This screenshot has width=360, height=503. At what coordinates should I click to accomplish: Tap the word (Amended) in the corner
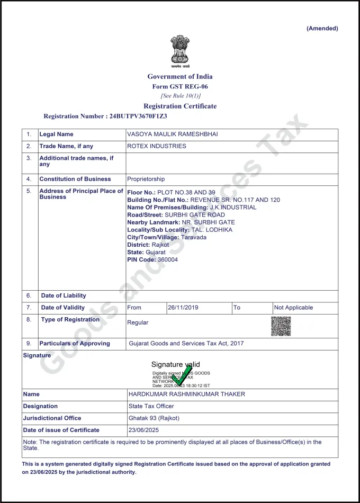[x=322, y=29]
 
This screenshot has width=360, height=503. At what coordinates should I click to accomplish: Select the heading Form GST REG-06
[x=180, y=86]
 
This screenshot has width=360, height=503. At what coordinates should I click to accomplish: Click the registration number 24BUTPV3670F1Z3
[x=137, y=116]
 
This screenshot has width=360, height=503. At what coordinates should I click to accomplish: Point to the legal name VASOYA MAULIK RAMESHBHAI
[x=172, y=134]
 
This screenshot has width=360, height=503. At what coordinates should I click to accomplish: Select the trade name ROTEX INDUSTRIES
[x=157, y=146]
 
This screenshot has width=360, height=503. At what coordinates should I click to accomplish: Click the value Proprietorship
[x=146, y=179]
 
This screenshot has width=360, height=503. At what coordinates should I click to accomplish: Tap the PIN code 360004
[x=167, y=259]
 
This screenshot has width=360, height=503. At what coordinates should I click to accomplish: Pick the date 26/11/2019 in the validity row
[x=183, y=308]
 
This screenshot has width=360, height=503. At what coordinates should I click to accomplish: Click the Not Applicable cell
[x=293, y=308]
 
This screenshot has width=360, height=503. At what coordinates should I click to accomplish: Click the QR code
[x=281, y=326]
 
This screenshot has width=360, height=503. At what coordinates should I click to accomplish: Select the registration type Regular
[x=138, y=322]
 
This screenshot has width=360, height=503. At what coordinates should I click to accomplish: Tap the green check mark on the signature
[x=182, y=375]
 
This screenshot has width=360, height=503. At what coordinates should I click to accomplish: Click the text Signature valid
[x=175, y=364]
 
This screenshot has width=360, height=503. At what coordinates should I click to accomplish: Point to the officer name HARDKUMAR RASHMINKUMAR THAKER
[x=187, y=394]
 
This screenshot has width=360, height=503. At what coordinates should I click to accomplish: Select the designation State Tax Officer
[x=151, y=406]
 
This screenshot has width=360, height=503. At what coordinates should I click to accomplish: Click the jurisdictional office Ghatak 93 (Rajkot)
[x=154, y=418]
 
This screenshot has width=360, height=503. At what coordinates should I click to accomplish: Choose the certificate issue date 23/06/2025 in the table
[x=144, y=430]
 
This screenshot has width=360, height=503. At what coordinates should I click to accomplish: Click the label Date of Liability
[x=64, y=295]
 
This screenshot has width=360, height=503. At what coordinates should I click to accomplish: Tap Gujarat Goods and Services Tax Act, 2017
[x=186, y=344]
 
